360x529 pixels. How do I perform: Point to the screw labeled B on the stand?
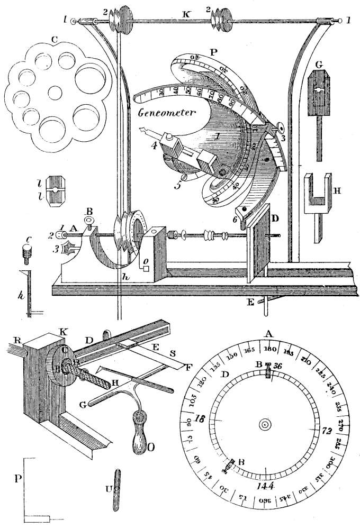click(x=89, y=220)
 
